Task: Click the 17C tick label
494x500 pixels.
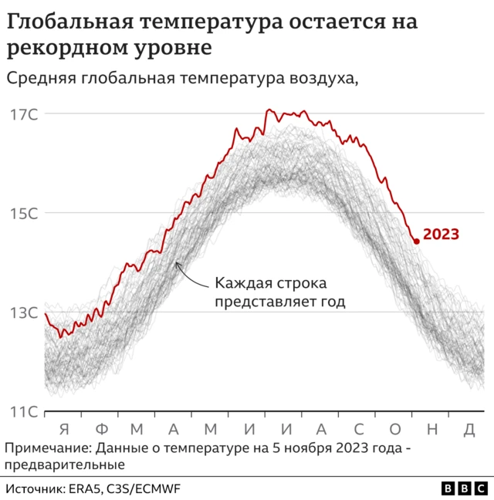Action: [x=23, y=114]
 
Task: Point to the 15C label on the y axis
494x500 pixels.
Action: [x=23, y=213]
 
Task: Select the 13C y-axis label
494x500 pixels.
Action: [x=23, y=312]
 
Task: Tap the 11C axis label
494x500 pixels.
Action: [x=23, y=411]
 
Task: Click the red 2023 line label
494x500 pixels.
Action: [x=442, y=235]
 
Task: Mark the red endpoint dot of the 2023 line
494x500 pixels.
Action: [x=416, y=242]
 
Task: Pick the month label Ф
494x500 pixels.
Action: [x=102, y=429]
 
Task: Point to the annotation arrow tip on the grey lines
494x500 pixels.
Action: [x=177, y=264]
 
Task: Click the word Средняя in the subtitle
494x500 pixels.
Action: [x=41, y=77]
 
